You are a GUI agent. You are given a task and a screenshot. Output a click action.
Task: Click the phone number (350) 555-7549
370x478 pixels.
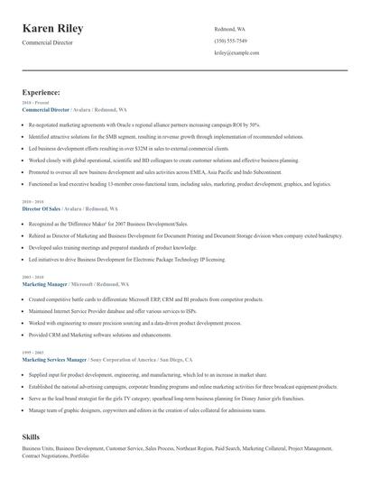click(231, 41)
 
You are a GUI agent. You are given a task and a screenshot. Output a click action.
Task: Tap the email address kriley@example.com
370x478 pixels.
click(236, 53)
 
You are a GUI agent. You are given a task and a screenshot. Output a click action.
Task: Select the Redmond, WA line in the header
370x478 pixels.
click(229, 29)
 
